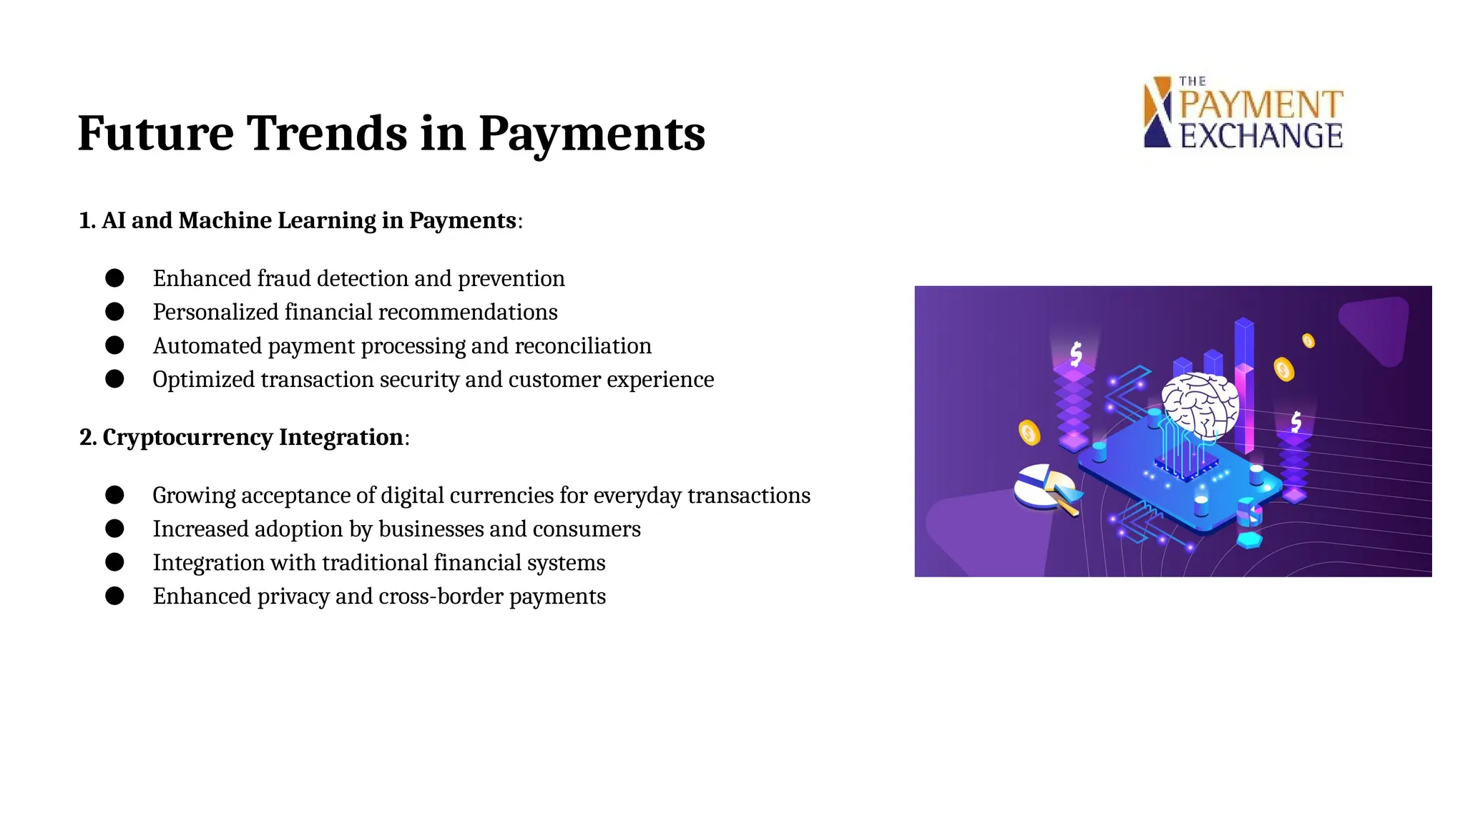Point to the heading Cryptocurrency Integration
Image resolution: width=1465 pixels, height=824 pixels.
243,437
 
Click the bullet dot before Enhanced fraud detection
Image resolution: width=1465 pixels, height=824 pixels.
114,278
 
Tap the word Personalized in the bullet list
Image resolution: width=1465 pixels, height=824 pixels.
215,313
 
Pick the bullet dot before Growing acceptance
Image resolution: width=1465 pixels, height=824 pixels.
114,495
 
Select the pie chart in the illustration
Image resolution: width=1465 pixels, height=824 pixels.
1044,487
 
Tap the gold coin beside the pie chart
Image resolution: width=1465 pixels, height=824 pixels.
1029,433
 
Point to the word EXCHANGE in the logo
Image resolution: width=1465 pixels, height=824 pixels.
1261,136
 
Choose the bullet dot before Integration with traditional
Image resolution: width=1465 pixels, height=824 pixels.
114,562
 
